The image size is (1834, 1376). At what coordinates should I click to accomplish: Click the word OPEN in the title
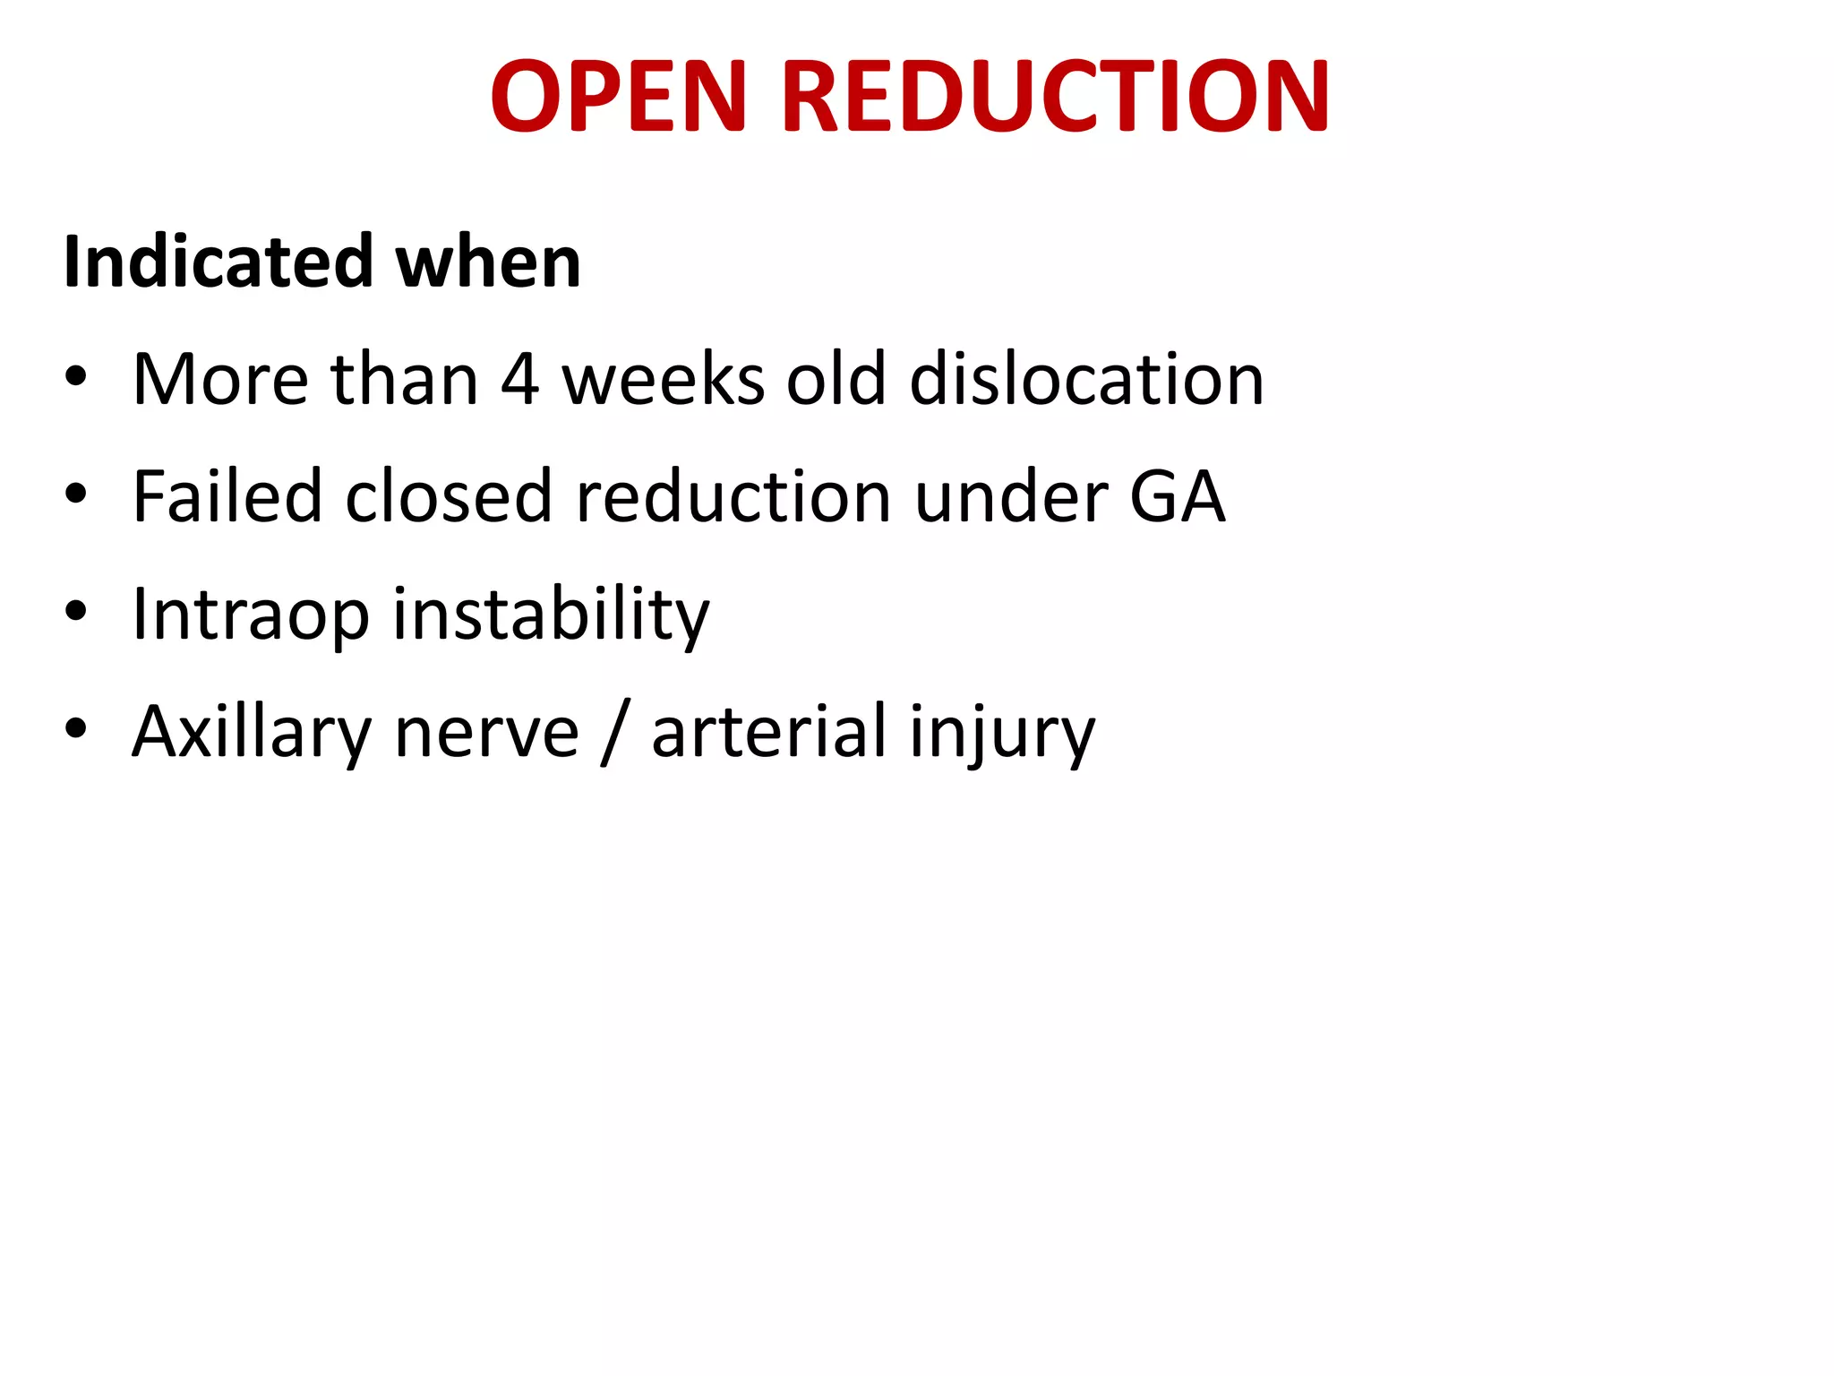click(x=618, y=96)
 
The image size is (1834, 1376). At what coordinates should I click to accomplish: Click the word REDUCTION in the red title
click(x=1056, y=96)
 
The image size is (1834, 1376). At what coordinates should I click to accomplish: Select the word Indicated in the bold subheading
click(x=218, y=262)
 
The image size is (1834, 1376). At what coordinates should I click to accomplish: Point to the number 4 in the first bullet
click(x=519, y=380)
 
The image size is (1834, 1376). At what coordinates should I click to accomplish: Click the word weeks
click(x=663, y=380)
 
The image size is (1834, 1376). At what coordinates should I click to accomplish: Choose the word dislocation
click(x=1086, y=380)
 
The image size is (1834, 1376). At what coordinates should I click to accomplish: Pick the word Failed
click(x=227, y=496)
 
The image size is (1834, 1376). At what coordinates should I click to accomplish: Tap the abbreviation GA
click(x=1177, y=496)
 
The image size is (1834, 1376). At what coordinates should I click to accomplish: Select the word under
click(x=1010, y=496)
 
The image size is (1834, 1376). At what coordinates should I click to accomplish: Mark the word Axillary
click(x=251, y=733)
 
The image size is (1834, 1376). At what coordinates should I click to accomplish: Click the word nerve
click(x=486, y=733)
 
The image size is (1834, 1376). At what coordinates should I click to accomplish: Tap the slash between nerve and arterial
click(x=614, y=733)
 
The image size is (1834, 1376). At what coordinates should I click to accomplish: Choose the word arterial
click(x=768, y=733)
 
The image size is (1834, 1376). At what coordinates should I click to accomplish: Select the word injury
click(x=1001, y=733)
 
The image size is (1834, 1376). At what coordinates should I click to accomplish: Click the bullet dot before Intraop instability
click(x=76, y=612)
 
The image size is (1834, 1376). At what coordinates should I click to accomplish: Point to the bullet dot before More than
click(x=76, y=377)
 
